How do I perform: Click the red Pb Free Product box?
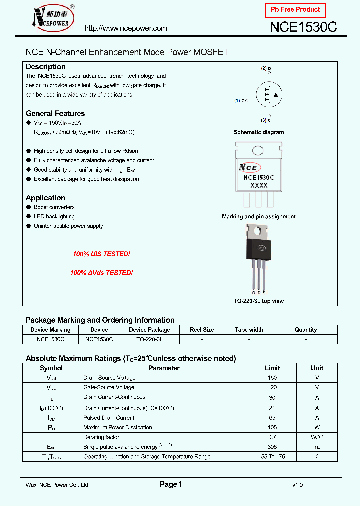click(x=295, y=10)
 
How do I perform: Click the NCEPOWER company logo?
click(x=52, y=17)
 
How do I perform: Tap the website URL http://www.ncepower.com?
click(x=125, y=29)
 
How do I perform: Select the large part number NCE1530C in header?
click(x=304, y=27)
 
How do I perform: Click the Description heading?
click(x=45, y=67)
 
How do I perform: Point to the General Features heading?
click(x=55, y=113)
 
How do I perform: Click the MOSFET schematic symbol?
click(x=269, y=95)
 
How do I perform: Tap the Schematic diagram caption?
click(x=259, y=132)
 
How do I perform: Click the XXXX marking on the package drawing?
click(x=259, y=185)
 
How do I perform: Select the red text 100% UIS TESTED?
click(x=101, y=254)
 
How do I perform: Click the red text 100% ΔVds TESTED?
click(x=101, y=273)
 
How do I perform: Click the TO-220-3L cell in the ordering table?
click(x=149, y=339)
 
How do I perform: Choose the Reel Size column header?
click(x=202, y=330)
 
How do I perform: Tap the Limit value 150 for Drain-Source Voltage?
click(x=272, y=378)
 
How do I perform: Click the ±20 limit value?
click(x=272, y=387)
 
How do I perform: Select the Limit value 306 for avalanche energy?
click(x=272, y=447)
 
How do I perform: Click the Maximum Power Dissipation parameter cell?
click(x=118, y=427)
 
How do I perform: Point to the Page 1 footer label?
click(x=171, y=484)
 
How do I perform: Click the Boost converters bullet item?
click(x=54, y=207)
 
